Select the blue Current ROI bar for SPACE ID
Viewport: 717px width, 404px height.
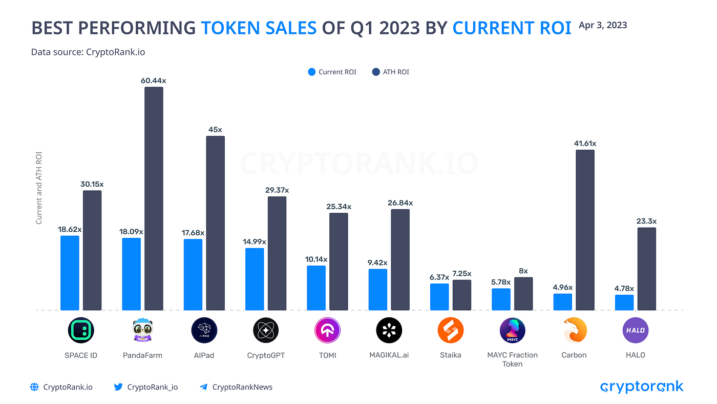(70, 273)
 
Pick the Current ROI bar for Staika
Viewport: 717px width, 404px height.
(439, 297)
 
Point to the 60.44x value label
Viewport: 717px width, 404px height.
(153, 80)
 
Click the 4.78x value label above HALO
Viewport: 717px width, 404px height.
(624, 288)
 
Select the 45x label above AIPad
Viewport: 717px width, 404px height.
(215, 129)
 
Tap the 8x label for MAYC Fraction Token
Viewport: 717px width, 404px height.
(523, 271)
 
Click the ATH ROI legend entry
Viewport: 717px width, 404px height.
(391, 72)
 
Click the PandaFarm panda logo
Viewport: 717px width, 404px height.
(142, 331)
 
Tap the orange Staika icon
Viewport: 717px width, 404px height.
(450, 331)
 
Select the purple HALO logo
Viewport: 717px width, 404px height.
(636, 331)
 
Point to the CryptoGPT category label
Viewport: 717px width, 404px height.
(266, 355)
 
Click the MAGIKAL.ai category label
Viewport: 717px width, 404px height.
(389, 355)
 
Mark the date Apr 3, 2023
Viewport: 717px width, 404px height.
(602, 25)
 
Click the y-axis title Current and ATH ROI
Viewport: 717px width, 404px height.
(39, 188)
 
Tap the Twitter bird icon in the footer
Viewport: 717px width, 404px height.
(118, 387)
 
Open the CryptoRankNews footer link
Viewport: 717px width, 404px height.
(242, 387)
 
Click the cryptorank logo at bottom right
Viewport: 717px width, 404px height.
(641, 387)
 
